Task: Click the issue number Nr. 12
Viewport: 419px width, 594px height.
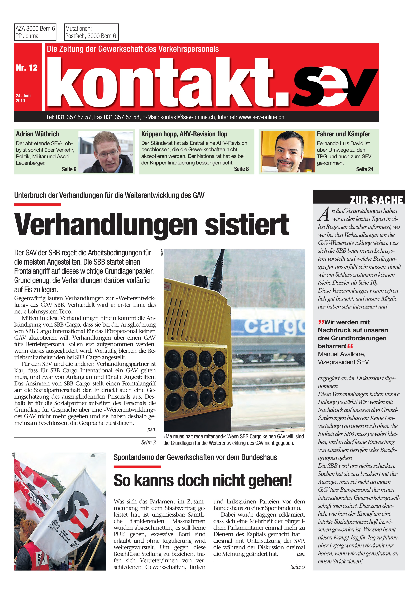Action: (x=27, y=68)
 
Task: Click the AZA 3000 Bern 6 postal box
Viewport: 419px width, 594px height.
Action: (x=35, y=32)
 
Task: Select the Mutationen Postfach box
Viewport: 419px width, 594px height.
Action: (x=91, y=32)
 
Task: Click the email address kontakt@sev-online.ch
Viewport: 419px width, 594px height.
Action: (x=187, y=117)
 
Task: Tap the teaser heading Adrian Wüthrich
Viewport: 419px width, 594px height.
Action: (x=37, y=134)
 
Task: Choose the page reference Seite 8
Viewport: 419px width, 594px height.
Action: (x=241, y=169)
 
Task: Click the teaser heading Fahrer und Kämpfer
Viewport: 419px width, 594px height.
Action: (x=343, y=134)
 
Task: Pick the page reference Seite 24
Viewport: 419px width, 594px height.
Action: (x=364, y=169)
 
